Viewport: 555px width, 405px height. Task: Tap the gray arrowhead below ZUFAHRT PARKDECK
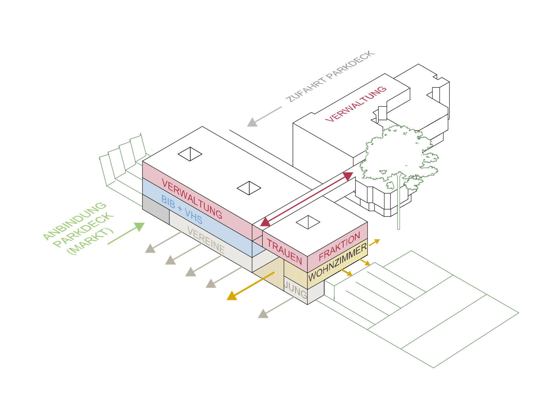pyautogui.click(x=252, y=123)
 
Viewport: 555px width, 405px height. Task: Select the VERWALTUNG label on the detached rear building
pyautogui.click(x=356, y=104)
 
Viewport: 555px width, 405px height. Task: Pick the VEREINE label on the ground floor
pyautogui.click(x=206, y=240)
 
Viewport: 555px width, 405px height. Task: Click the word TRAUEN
pyautogui.click(x=284, y=252)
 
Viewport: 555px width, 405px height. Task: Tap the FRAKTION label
pyautogui.click(x=340, y=246)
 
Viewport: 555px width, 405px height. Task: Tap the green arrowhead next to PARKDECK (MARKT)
pyautogui.click(x=140, y=227)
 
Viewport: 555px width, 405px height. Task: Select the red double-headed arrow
pyautogui.click(x=307, y=199)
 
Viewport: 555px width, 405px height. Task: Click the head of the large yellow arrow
pyautogui.click(x=232, y=296)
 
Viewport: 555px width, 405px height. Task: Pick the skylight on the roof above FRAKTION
pyautogui.click(x=308, y=222)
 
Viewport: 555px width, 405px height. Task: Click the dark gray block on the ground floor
pyautogui.click(x=156, y=209)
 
